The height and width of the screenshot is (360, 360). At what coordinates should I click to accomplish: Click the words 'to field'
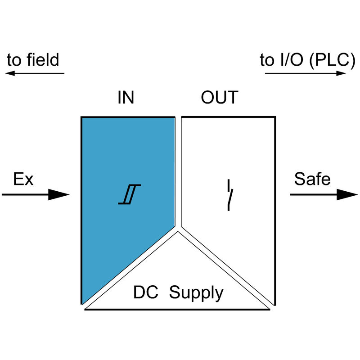coord(33,60)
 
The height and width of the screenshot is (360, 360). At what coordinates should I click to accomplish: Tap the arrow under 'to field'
coord(36,73)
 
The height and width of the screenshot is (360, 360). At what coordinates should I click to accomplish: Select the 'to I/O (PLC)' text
coord(305,60)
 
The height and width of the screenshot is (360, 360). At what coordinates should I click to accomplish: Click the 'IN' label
coord(126,98)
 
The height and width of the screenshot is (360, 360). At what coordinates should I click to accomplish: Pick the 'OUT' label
coord(219,98)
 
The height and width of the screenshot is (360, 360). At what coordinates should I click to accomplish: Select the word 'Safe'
coord(312,179)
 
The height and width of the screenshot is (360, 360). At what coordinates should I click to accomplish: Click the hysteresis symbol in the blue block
coord(130,194)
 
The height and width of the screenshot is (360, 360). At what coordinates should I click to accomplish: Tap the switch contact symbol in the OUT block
coord(230,196)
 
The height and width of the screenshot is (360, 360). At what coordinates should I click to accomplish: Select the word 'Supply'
coord(196,293)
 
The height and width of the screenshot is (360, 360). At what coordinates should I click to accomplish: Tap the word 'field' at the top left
coord(43,60)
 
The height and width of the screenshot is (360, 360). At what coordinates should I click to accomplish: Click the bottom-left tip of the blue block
coord(83,302)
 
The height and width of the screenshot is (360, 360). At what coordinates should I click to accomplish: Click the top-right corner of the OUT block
coord(274,118)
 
